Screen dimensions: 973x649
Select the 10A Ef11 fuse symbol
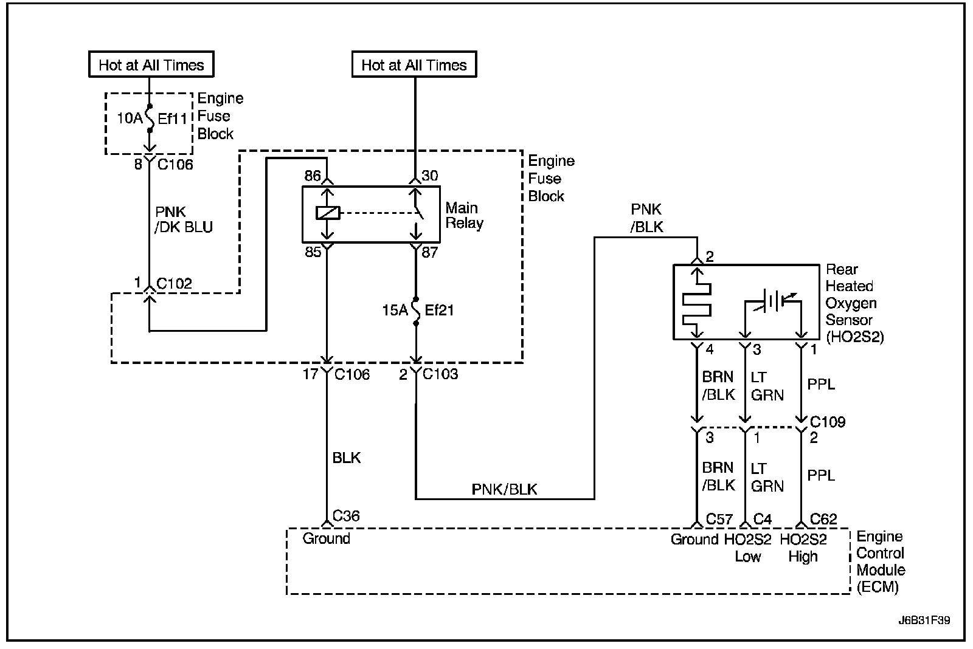click(150, 118)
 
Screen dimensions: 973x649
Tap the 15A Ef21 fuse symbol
click(416, 311)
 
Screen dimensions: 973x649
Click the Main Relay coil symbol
click(328, 213)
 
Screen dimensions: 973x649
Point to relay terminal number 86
click(313, 176)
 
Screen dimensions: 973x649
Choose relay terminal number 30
click(429, 176)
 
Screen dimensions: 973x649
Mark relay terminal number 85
click(313, 252)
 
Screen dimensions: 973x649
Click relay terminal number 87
click(429, 252)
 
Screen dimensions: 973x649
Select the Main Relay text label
click(465, 215)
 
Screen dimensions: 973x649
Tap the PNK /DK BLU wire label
click(183, 219)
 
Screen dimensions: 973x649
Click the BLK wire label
click(346, 458)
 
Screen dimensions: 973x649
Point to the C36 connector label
click(346, 516)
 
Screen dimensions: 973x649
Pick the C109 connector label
click(828, 422)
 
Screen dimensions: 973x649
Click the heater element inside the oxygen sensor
click(697, 303)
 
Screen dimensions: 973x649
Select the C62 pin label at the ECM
click(823, 519)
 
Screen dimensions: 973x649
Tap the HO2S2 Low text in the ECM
click(747, 548)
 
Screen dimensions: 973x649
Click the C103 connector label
click(440, 374)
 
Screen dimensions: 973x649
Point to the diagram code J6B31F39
click(924, 620)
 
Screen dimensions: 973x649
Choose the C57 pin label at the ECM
click(719, 519)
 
